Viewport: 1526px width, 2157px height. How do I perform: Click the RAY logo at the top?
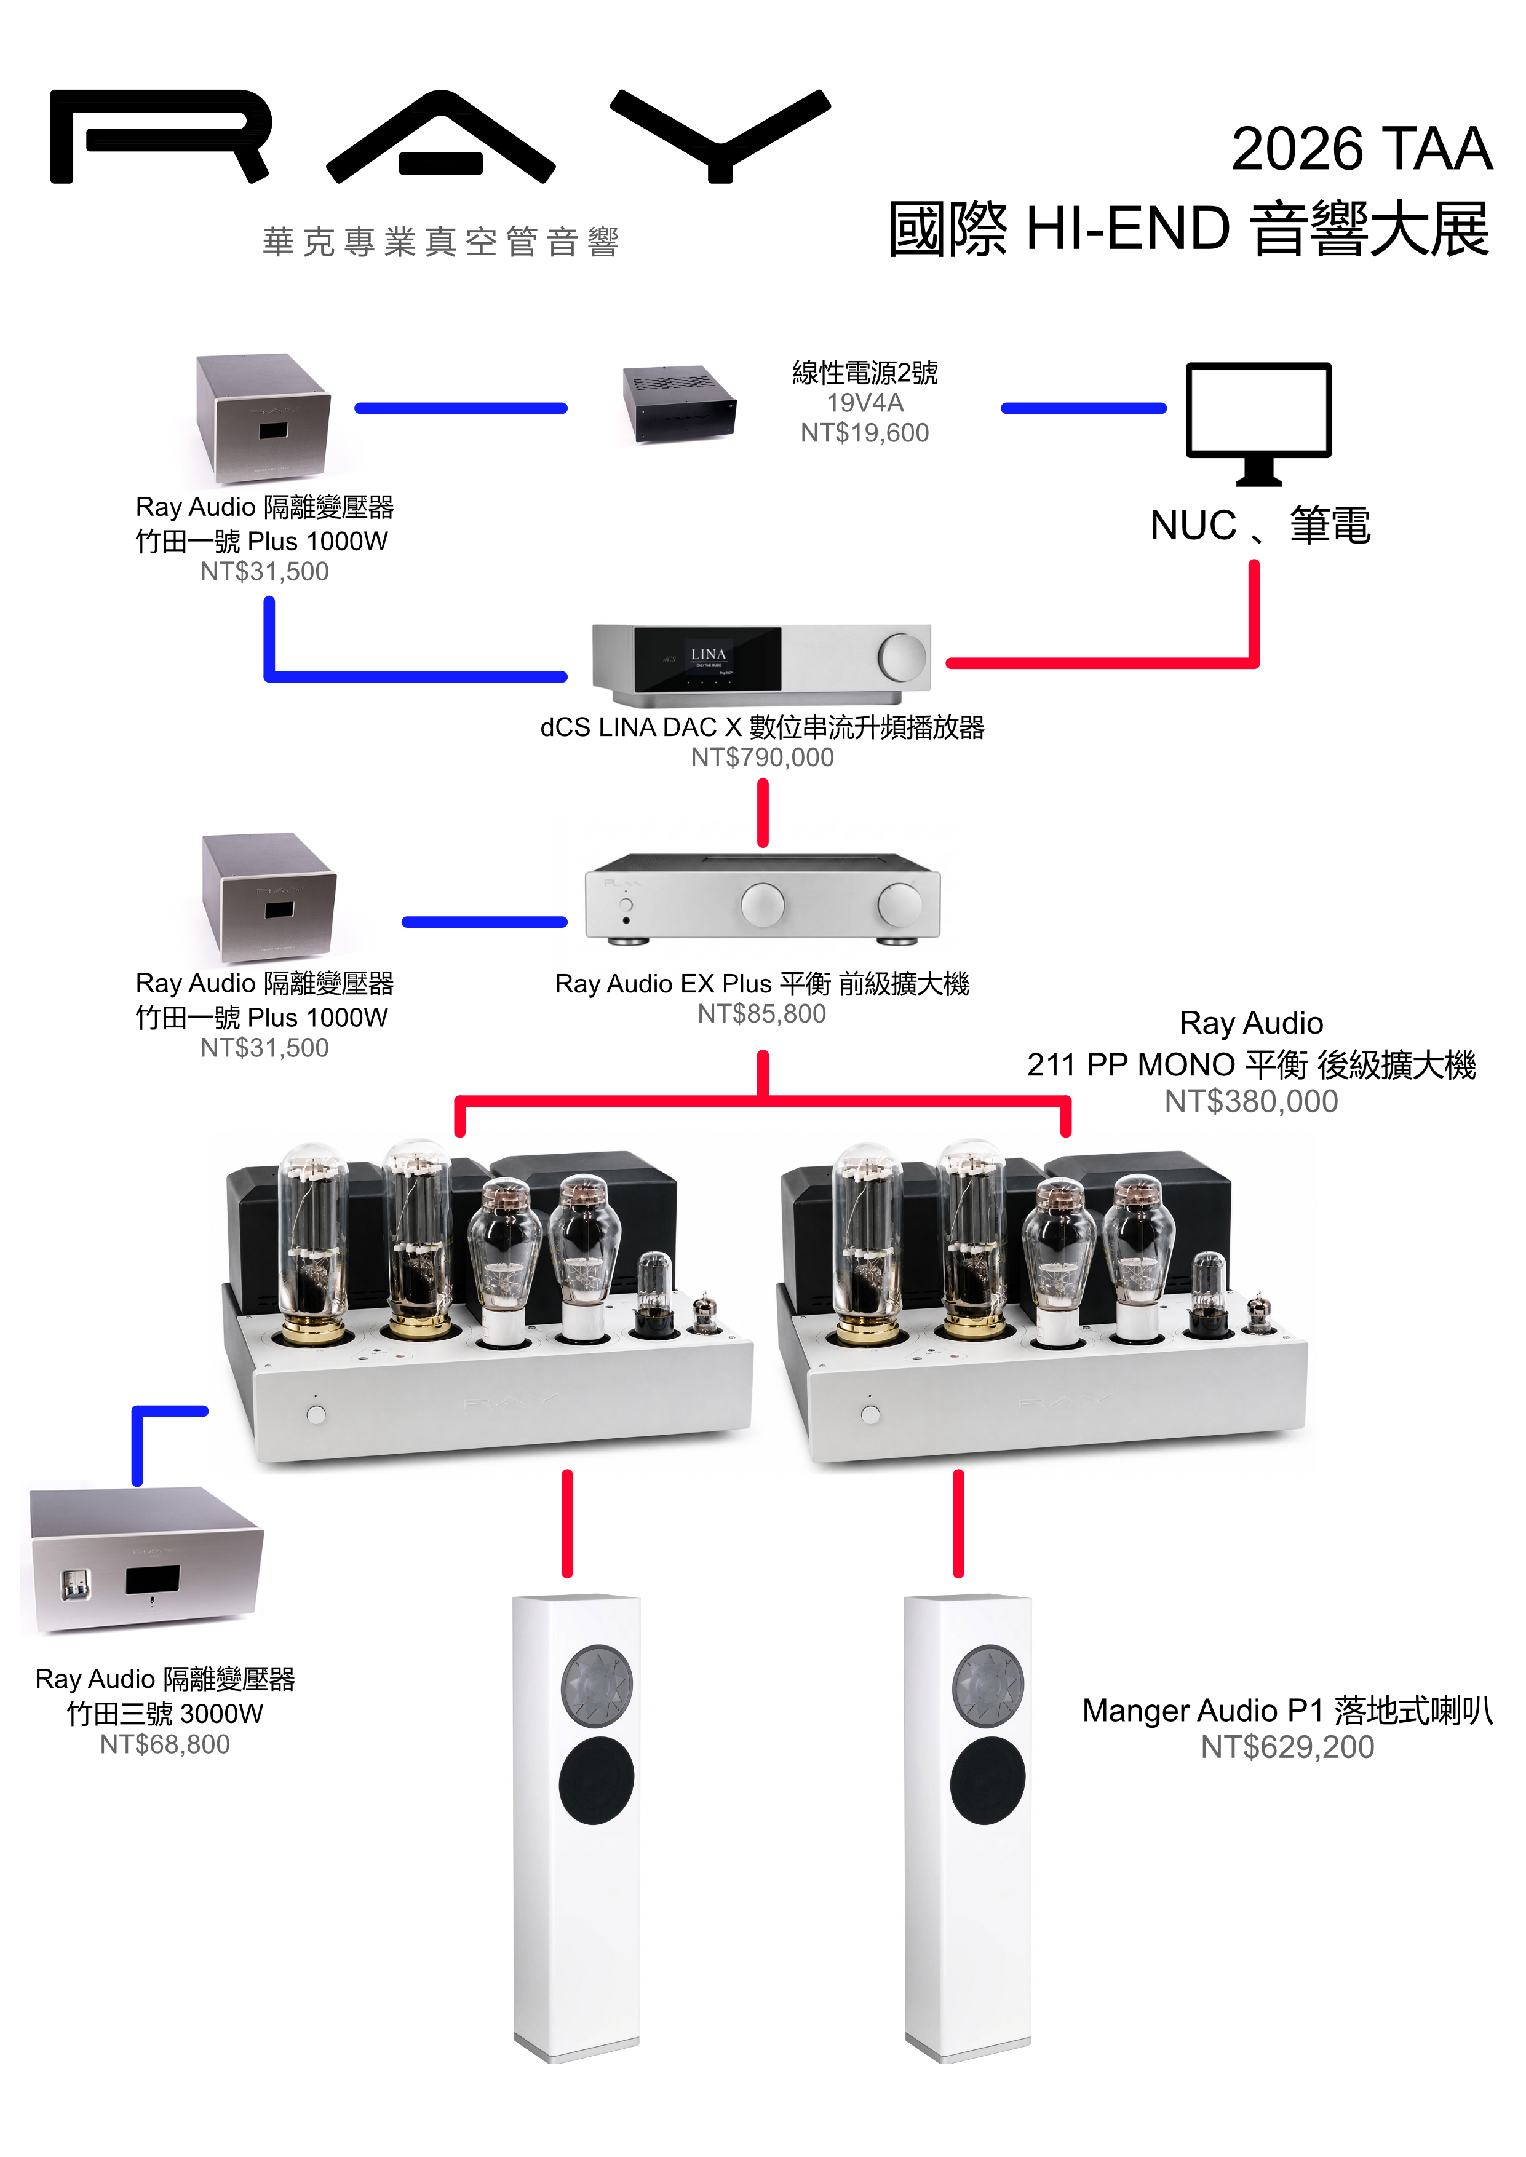pos(440,137)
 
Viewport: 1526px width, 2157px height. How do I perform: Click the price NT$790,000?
pos(762,757)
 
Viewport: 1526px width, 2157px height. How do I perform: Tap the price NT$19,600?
pos(864,432)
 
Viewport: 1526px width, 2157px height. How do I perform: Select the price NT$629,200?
pos(1287,1746)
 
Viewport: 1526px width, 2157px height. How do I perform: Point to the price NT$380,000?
pos(1250,1101)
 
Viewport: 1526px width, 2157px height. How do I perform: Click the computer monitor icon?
pos(1258,424)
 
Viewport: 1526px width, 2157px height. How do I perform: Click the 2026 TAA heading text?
pos(1362,148)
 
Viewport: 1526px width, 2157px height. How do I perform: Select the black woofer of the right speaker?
pos(988,1780)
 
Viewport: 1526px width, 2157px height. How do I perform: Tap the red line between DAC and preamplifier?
pos(763,813)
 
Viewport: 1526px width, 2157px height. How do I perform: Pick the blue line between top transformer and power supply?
pos(461,408)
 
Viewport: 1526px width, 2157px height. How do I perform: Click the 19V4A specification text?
pos(864,403)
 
